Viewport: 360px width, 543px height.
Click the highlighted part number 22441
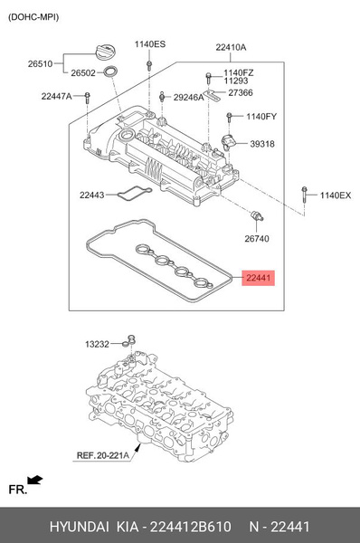258,280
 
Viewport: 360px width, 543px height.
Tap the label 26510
41,64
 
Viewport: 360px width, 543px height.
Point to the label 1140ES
150,44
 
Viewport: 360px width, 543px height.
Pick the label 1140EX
334,195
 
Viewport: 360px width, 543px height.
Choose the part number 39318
263,144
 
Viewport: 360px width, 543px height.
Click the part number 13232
97,344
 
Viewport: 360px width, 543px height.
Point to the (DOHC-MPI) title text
32,12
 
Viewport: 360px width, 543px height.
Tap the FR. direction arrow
34,480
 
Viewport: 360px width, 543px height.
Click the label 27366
241,92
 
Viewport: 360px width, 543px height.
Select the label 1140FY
262,116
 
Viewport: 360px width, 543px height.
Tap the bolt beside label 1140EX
303,194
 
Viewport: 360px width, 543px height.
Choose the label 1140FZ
240,71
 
